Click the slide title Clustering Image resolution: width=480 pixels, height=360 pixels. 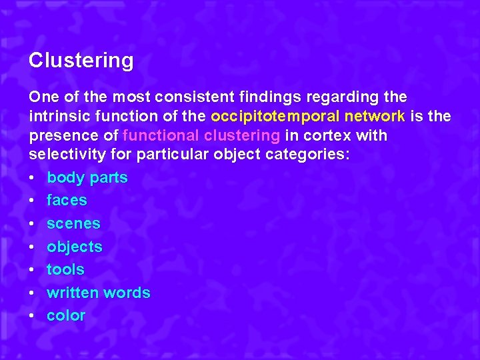[x=81, y=61]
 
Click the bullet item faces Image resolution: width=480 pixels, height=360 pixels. [x=67, y=200]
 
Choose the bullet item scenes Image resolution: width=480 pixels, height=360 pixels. [x=73, y=223]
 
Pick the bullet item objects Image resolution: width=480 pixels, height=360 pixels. [x=75, y=247]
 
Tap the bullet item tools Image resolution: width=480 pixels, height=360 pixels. [x=65, y=269]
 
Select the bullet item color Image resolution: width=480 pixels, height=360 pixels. [x=66, y=315]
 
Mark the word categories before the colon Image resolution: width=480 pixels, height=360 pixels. [x=315, y=155]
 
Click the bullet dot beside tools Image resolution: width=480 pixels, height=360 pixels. [x=33, y=270]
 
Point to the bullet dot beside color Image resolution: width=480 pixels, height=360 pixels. [x=33, y=316]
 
